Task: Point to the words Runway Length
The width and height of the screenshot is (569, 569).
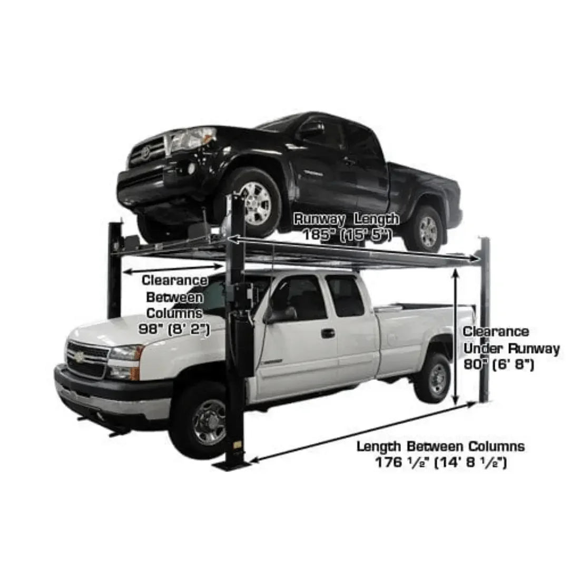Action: click(x=346, y=219)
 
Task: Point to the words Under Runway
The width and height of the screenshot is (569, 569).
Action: click(x=512, y=348)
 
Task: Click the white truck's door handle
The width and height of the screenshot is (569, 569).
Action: click(x=328, y=333)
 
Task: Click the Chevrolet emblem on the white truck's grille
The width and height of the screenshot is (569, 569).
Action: click(x=79, y=357)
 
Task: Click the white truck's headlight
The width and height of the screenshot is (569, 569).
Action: click(x=125, y=354)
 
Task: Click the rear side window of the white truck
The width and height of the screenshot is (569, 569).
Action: click(x=345, y=297)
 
